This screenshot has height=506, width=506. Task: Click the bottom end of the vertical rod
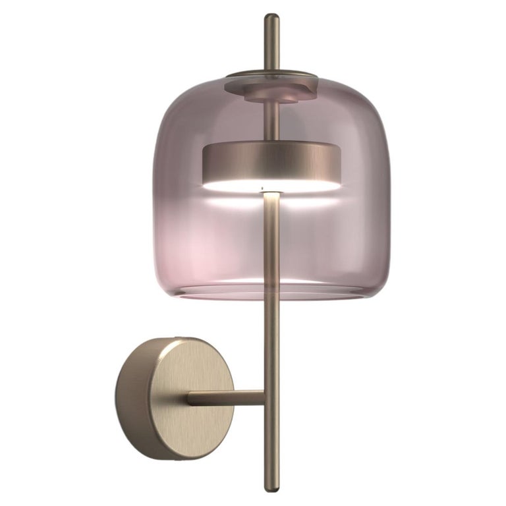[x=271, y=486]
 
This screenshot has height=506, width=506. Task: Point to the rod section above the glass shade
[x=271, y=46]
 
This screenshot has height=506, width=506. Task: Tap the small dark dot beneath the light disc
[x=263, y=192]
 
